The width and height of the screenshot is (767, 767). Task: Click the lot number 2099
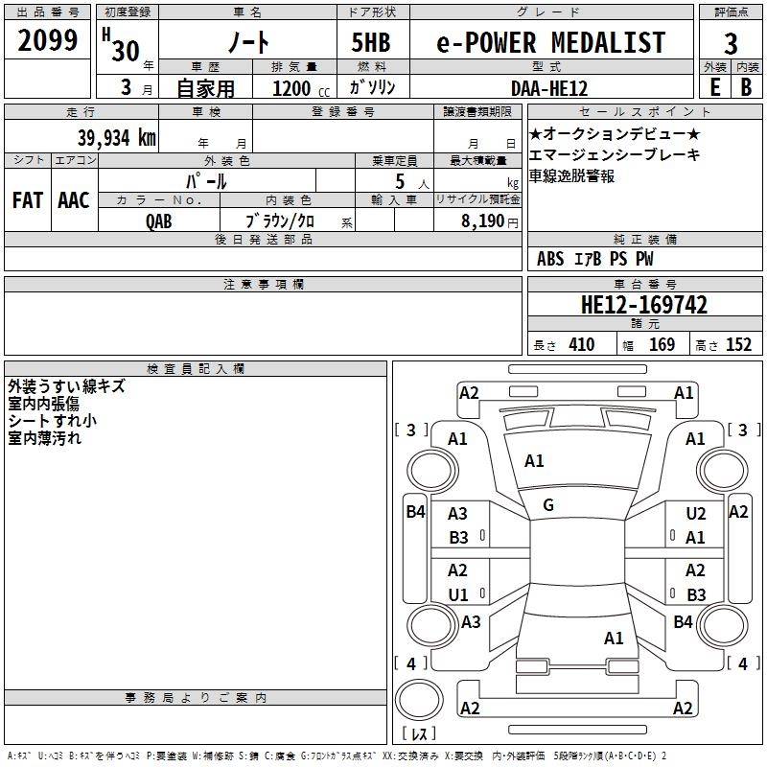click(48, 41)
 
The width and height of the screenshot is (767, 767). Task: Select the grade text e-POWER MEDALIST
click(551, 43)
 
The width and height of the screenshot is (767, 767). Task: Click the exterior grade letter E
click(714, 87)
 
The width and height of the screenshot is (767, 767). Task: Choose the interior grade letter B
click(746, 87)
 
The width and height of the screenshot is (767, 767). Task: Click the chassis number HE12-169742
click(644, 305)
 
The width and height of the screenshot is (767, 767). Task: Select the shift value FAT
click(27, 200)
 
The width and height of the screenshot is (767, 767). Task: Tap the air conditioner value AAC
click(74, 200)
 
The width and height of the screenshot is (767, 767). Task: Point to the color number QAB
click(160, 221)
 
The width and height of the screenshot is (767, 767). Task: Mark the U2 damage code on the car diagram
click(696, 515)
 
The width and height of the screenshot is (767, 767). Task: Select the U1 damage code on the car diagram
click(458, 594)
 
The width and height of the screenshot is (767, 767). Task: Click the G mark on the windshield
click(548, 504)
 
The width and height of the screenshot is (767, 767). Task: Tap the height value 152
click(737, 345)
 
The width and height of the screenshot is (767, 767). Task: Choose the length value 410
click(581, 345)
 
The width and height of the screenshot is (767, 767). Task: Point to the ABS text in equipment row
click(550, 259)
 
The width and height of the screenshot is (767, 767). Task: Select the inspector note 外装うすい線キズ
click(66, 387)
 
